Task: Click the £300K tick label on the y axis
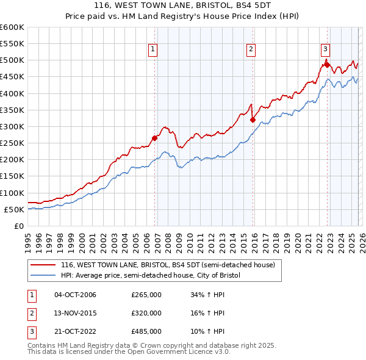pyautogui.click(x=12, y=126)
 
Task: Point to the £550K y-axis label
pyautogui.click(x=12, y=44)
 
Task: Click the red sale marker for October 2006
pyautogui.click(x=154, y=138)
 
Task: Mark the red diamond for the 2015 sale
pyautogui.click(x=253, y=120)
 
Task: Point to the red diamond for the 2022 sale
pyautogui.click(x=328, y=65)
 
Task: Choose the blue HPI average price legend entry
pyautogui.click(x=151, y=275)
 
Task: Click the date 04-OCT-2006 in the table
pyautogui.click(x=75, y=295)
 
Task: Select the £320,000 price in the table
pyautogui.click(x=146, y=313)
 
